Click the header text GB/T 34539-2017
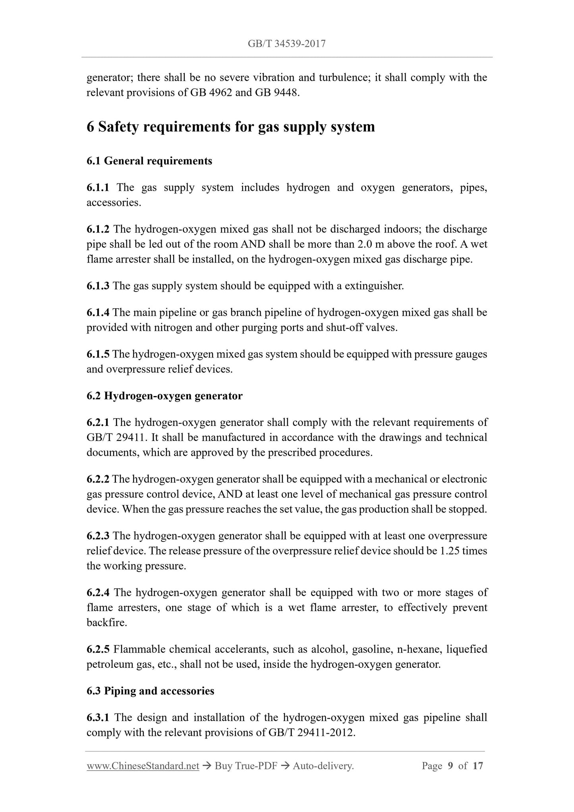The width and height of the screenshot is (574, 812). pos(286,44)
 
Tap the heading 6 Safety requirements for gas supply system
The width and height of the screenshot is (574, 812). pos(230,127)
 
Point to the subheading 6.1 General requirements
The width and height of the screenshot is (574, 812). pos(149,161)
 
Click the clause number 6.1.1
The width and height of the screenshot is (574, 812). pos(98,188)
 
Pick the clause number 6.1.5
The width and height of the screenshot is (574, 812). pos(98,354)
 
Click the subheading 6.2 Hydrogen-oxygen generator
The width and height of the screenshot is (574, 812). pos(164,396)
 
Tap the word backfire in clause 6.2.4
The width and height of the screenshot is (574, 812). pos(107,623)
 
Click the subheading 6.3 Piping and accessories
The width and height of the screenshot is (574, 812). pos(150,691)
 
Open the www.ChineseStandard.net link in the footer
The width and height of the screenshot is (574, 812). pos(143,766)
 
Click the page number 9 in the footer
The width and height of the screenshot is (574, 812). pos(450,766)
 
